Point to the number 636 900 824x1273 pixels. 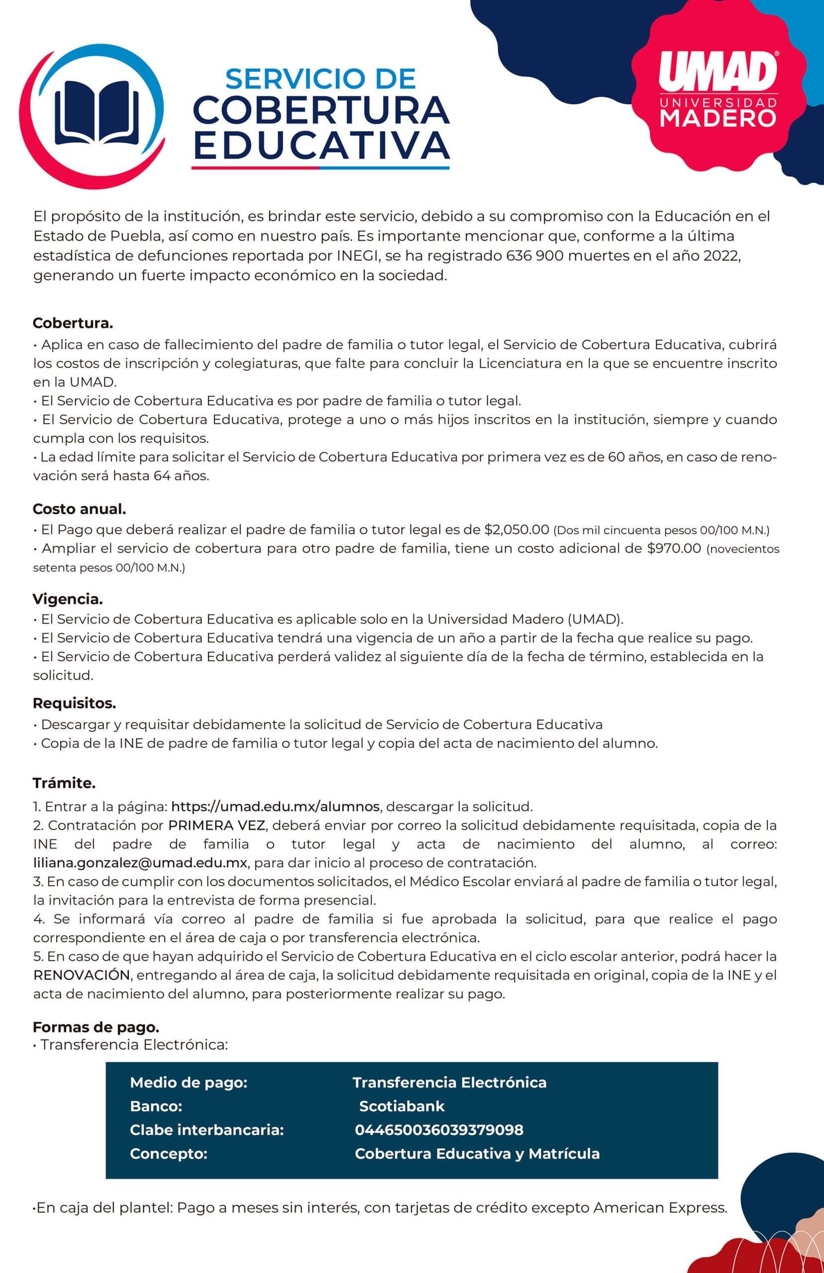[534, 256]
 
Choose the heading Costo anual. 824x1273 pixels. [79, 510]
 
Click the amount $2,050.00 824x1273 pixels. [516, 530]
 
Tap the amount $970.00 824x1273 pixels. [674, 548]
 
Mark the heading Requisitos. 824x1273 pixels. [74, 703]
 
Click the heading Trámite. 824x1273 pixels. [64, 783]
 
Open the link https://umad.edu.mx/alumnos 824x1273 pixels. [276, 806]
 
